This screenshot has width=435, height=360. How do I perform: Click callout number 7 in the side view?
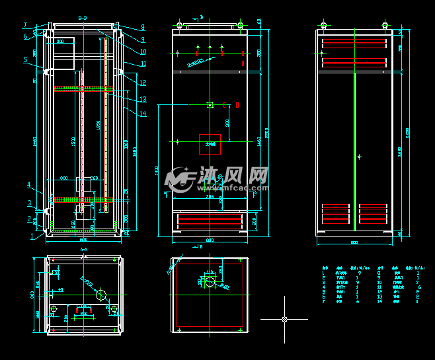pyautogui.click(x=25, y=24)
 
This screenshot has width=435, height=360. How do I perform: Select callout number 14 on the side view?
pyautogui.click(x=143, y=114)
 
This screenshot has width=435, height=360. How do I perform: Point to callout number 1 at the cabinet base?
pyautogui.click(x=32, y=235)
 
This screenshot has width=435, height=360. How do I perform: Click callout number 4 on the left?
pyautogui.click(x=29, y=184)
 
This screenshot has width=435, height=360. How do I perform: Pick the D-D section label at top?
pyautogui.click(x=83, y=17)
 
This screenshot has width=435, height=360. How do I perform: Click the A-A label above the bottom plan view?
pyautogui.click(x=83, y=250)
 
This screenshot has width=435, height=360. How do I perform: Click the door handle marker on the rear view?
pyautogui.click(x=359, y=157)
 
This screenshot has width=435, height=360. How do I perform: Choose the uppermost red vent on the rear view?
pyautogui.click(x=354, y=44)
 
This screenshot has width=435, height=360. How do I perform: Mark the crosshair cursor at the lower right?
pyautogui.click(x=284, y=319)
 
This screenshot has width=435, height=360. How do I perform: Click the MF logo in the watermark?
pyautogui.click(x=178, y=177)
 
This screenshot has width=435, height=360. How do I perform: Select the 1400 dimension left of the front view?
pyautogui.click(x=157, y=170)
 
